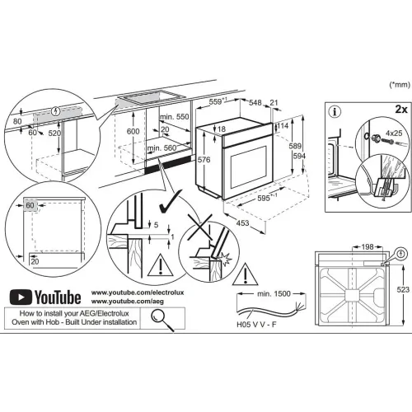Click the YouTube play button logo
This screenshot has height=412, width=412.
(x=21, y=297)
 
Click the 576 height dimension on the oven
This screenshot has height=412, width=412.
(x=204, y=160)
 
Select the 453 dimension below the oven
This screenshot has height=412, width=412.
(x=242, y=222)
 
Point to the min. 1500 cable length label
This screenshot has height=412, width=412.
(x=274, y=294)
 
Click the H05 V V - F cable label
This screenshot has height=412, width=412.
(x=256, y=325)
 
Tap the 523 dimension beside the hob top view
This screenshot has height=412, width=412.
(x=403, y=289)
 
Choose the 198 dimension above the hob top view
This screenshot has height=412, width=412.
(x=368, y=247)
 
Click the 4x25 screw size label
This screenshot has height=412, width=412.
(x=394, y=133)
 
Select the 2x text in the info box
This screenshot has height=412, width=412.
(x=401, y=110)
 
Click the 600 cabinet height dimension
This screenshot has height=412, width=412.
(x=133, y=131)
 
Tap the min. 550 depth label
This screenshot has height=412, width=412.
(x=175, y=117)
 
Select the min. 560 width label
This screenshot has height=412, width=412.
(x=162, y=148)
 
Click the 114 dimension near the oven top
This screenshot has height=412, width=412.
(x=283, y=125)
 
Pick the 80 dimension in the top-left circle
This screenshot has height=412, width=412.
(x=17, y=121)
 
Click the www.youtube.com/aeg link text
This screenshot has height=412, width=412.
(x=128, y=302)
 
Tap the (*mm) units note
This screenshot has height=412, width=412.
(x=400, y=85)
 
